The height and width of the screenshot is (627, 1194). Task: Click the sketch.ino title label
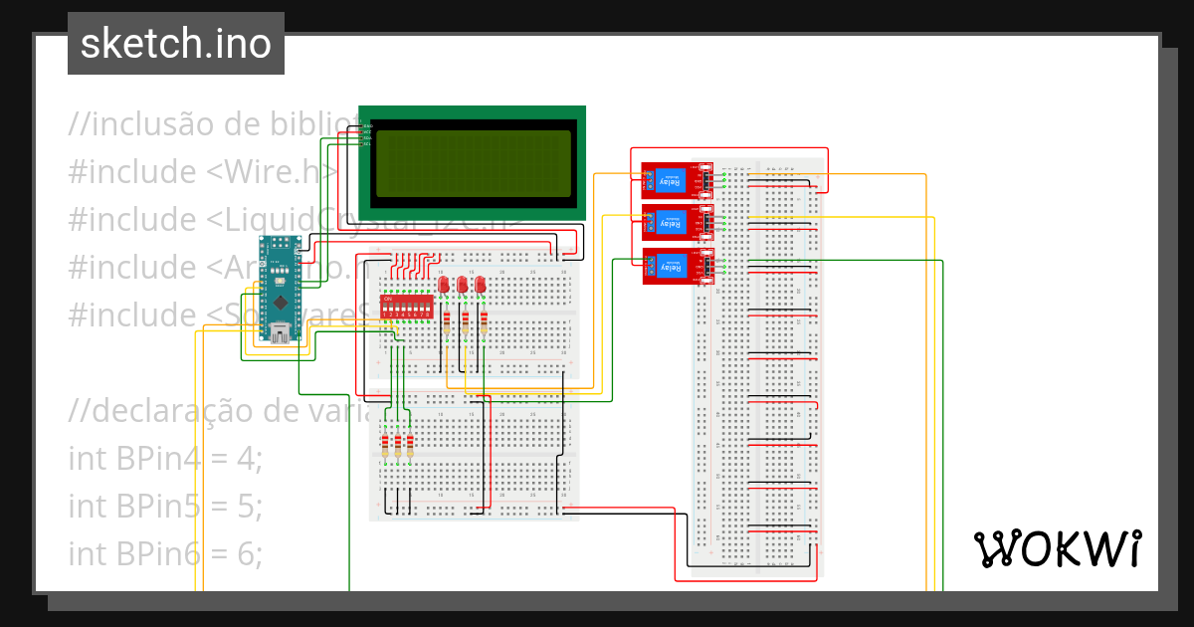click(x=175, y=44)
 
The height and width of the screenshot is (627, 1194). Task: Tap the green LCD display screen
click(x=472, y=162)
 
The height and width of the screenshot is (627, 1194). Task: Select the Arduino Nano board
click(x=280, y=289)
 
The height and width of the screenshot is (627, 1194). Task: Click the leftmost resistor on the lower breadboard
click(x=385, y=443)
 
